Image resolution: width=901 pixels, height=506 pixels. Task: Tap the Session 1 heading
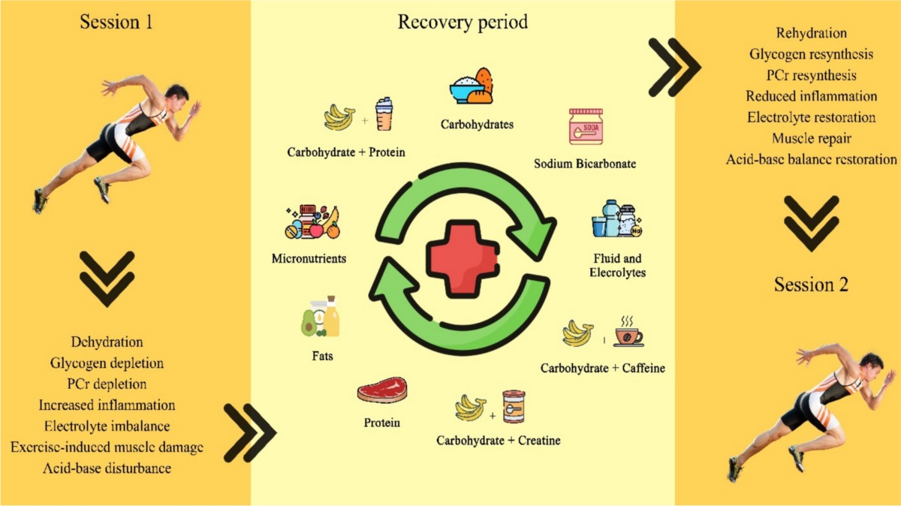(x=116, y=23)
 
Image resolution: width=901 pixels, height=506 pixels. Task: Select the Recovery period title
(x=462, y=23)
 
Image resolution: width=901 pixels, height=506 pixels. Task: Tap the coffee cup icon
(x=628, y=333)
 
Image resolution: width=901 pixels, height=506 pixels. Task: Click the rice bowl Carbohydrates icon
(x=471, y=87)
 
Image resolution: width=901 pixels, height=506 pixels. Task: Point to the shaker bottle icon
(x=384, y=114)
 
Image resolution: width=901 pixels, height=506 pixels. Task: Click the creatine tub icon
(x=514, y=408)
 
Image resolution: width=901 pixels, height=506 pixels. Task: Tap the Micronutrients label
(x=308, y=259)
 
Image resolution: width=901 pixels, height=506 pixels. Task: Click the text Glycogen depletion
(x=107, y=363)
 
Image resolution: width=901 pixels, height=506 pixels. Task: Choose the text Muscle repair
(x=811, y=138)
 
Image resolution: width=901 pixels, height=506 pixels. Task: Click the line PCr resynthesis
(x=811, y=75)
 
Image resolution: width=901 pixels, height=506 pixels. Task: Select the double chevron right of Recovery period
(x=673, y=68)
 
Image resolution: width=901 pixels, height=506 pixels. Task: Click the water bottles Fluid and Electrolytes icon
(x=618, y=220)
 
